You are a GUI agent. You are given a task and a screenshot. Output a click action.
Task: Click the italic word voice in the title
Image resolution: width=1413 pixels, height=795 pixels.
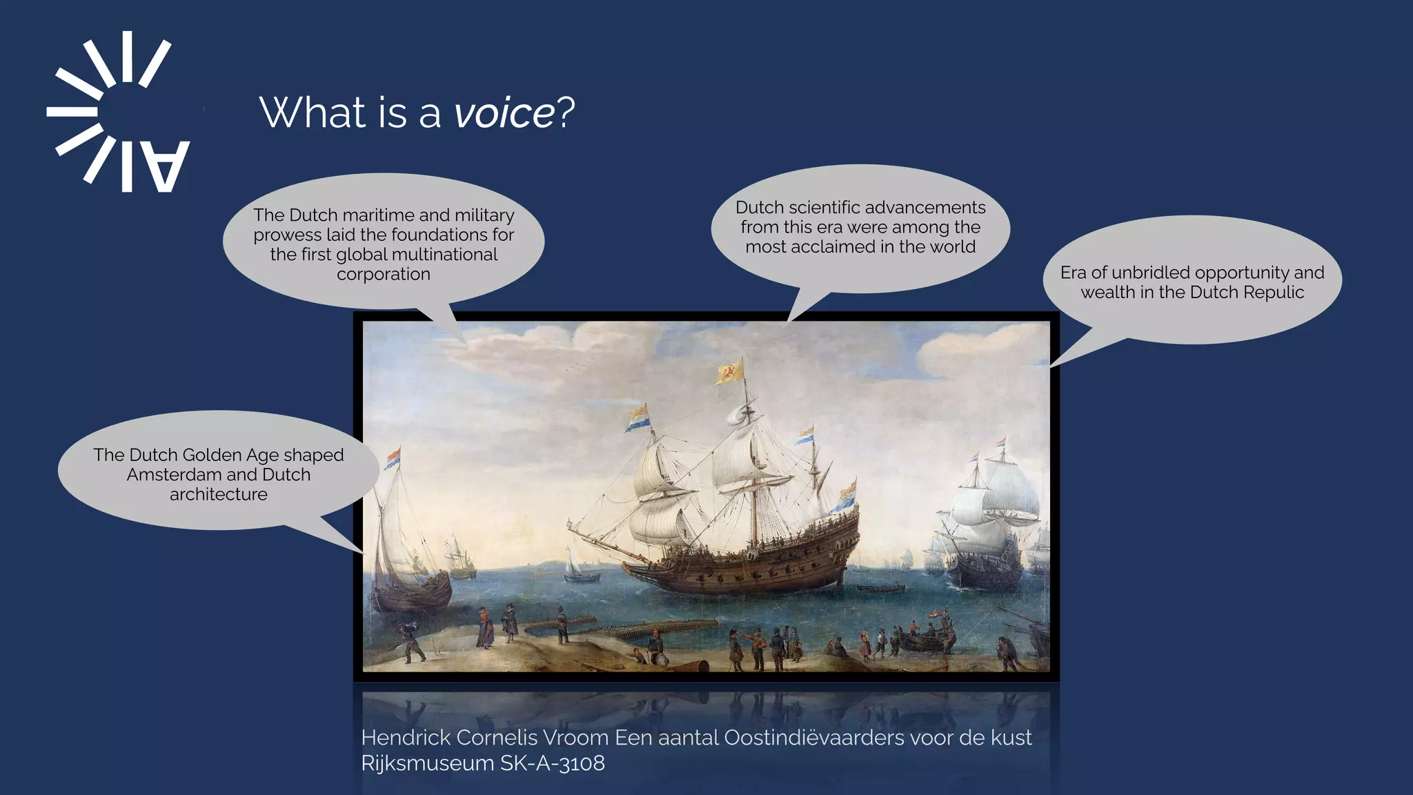(504, 112)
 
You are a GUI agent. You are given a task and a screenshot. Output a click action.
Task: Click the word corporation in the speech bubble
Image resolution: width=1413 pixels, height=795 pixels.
(383, 275)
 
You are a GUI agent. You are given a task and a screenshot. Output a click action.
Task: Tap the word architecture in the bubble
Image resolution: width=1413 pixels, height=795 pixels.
(218, 495)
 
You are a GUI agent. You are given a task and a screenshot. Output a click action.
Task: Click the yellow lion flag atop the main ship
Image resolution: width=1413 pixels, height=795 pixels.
(730, 373)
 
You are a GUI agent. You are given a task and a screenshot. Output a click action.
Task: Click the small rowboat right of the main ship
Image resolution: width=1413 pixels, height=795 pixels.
(880, 589)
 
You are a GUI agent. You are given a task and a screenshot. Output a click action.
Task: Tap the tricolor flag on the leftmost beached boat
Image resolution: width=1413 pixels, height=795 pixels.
(393, 457)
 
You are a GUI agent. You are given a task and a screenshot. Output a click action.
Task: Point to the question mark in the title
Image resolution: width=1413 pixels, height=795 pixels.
(566, 112)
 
